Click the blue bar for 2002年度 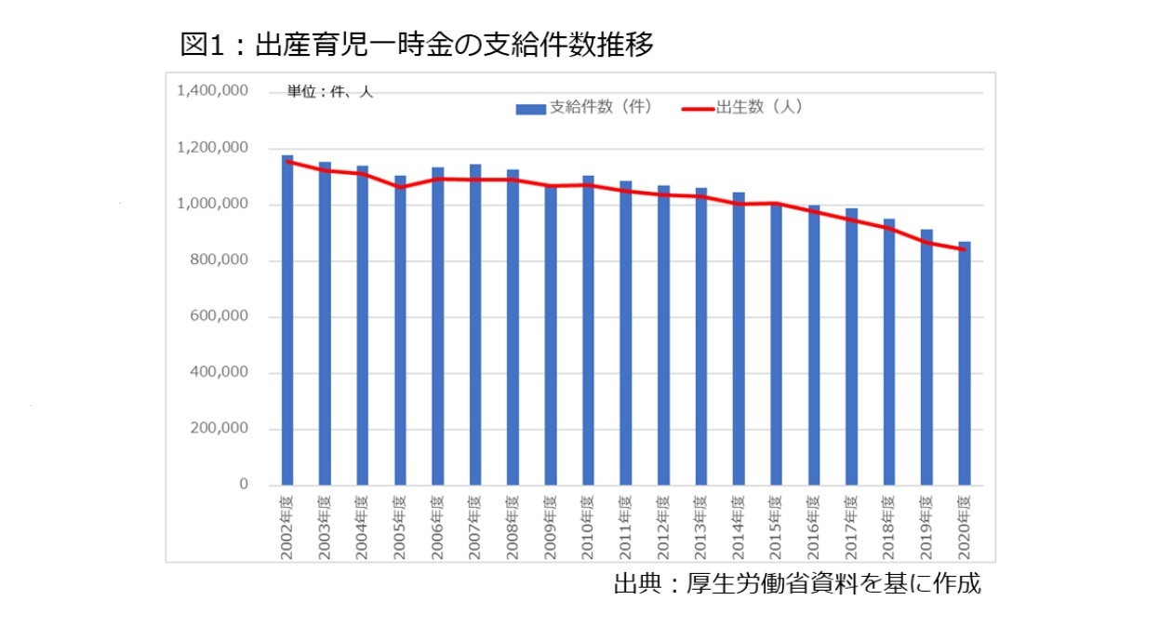287,321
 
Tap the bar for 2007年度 475,326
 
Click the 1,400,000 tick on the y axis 212,91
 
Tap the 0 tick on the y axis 244,485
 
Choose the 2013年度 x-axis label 701,526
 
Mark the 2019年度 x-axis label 927,526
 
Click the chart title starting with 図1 417,44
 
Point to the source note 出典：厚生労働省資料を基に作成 796,584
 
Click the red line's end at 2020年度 965,249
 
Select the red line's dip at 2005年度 400,187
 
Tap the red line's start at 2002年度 287,161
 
